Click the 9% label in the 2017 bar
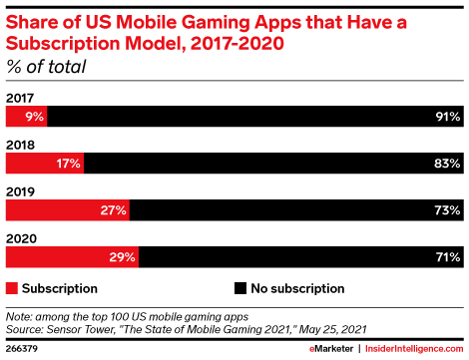pyautogui.click(x=35, y=117)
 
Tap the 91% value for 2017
pyautogui.click(x=448, y=117)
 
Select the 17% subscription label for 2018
pyautogui.click(x=68, y=164)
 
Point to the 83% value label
pyautogui.click(x=447, y=164)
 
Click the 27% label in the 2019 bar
pyautogui.click(x=114, y=210)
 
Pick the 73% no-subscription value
pyautogui.click(x=448, y=210)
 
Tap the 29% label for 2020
pyautogui.click(x=123, y=257)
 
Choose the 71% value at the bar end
pyautogui.click(x=448, y=257)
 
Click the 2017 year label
pyautogui.click(x=20, y=98)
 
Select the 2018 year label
pyautogui.click(x=20, y=145)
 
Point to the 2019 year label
pyautogui.click(x=20, y=191)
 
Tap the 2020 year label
pyautogui.click(x=21, y=238)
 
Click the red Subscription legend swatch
pyautogui.click(x=12, y=288)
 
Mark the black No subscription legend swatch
pyautogui.click(x=240, y=288)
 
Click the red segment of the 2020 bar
pyautogui.click(x=72, y=257)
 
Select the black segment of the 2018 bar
pyautogui.click(x=273, y=164)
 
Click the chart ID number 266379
pyautogui.click(x=22, y=349)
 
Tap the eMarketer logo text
pyautogui.click(x=331, y=349)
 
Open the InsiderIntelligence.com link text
pyautogui.click(x=414, y=349)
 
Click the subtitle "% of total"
pyautogui.click(x=46, y=67)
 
